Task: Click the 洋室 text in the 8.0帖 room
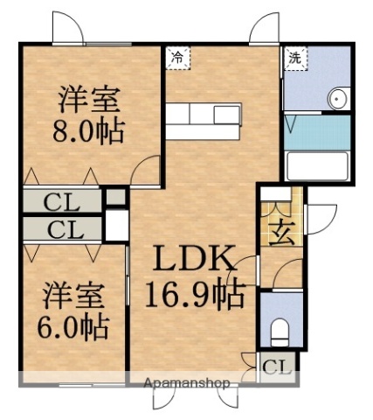point(88,98)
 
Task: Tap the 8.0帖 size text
point(87,131)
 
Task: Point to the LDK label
point(194,260)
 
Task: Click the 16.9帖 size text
point(194,296)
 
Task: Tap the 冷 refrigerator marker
point(178,58)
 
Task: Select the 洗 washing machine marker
point(295,58)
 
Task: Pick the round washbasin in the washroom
point(337,99)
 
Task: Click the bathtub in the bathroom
point(316,165)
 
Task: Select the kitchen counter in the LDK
point(203,122)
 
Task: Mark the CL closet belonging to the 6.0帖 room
point(62,231)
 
